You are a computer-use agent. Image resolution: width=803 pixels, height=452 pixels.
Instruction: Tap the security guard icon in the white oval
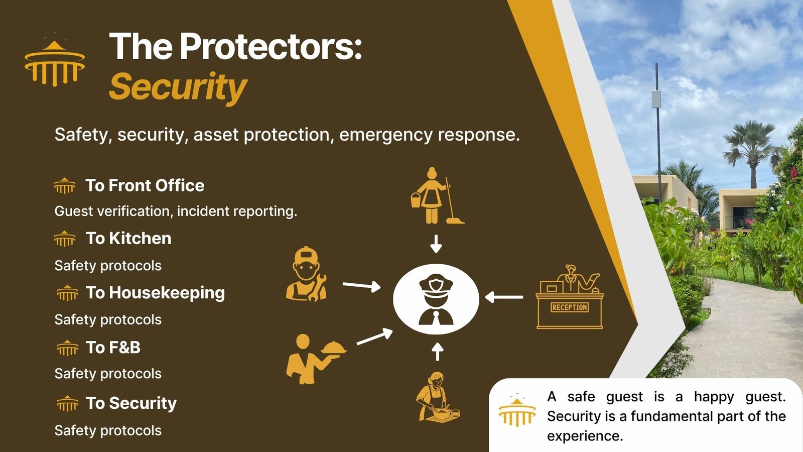tap(436, 299)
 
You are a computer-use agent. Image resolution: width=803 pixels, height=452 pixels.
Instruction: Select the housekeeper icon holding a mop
tap(437, 196)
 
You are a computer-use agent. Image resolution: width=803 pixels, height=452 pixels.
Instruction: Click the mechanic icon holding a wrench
tap(306, 274)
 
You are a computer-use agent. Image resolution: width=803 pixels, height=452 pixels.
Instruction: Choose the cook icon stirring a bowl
tap(438, 397)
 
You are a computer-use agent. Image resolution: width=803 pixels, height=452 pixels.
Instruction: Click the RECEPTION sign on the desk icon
tap(570, 307)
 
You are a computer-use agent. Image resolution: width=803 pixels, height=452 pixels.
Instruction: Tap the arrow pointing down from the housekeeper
tap(436, 244)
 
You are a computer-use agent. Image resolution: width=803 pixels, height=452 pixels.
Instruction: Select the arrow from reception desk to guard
tap(504, 297)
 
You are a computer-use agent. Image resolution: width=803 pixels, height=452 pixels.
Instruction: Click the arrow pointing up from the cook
tap(437, 352)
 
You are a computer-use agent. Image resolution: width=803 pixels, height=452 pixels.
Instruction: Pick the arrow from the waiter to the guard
tap(374, 336)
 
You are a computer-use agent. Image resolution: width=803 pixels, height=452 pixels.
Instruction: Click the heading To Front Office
tap(145, 185)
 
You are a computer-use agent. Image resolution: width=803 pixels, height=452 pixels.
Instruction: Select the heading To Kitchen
tap(128, 238)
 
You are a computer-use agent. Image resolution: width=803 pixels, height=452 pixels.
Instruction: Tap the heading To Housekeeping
tap(155, 293)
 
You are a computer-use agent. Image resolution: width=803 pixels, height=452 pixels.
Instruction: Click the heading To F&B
tap(113, 347)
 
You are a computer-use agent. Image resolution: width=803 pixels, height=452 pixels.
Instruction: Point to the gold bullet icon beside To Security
tap(67, 403)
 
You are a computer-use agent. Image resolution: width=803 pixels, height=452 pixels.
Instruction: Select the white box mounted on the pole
tap(656, 99)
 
